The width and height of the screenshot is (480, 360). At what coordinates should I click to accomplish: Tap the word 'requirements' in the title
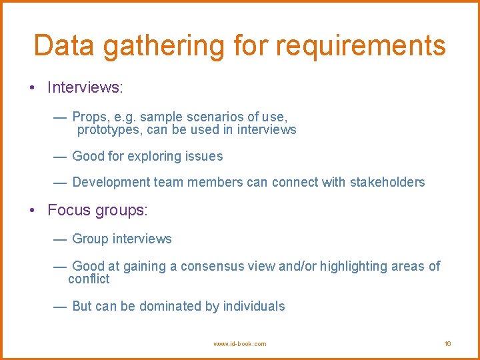click(360, 45)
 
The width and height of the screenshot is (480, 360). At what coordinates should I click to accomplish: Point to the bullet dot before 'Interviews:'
click(32, 88)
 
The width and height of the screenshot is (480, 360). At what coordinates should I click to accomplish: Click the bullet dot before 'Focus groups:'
click(32, 211)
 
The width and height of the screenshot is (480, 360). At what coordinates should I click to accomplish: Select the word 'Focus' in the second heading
click(69, 211)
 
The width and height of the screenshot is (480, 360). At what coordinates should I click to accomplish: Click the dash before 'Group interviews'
click(59, 239)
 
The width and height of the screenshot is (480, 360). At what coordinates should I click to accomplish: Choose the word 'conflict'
click(89, 279)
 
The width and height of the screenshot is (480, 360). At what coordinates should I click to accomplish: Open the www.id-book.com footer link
click(239, 344)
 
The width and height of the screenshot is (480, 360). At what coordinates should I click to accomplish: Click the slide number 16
click(447, 344)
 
